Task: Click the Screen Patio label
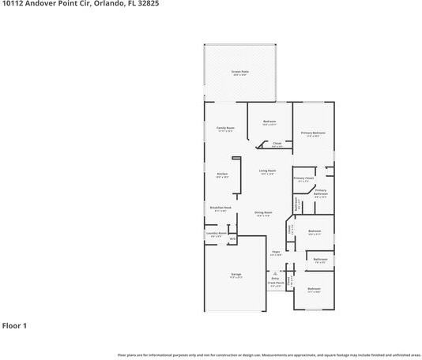point(239,72)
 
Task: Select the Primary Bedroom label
point(313,133)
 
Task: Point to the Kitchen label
point(223,174)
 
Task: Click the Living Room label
point(267,171)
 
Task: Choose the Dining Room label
point(263,212)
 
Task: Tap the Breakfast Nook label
point(219,208)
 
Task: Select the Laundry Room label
point(217,234)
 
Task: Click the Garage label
point(236,274)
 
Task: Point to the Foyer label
point(276,252)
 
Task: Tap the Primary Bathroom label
point(321,192)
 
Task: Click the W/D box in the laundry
point(232,238)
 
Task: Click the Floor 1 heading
point(15,325)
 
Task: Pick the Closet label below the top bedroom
point(277,144)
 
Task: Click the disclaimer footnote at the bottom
point(269,355)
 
